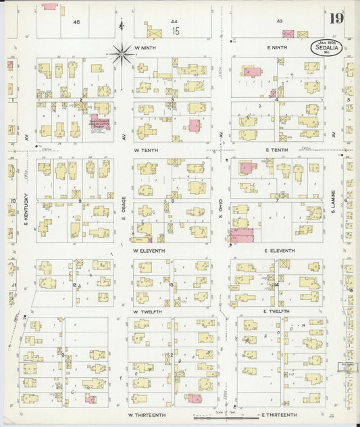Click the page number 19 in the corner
pos(335,18)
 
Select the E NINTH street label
pos(277,48)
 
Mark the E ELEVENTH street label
pos(279,251)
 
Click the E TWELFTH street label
pos(276,311)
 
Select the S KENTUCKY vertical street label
pos(26,202)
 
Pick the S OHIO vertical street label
pos(221,205)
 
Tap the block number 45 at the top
pos(76,22)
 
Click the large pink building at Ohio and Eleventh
pos(241,236)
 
